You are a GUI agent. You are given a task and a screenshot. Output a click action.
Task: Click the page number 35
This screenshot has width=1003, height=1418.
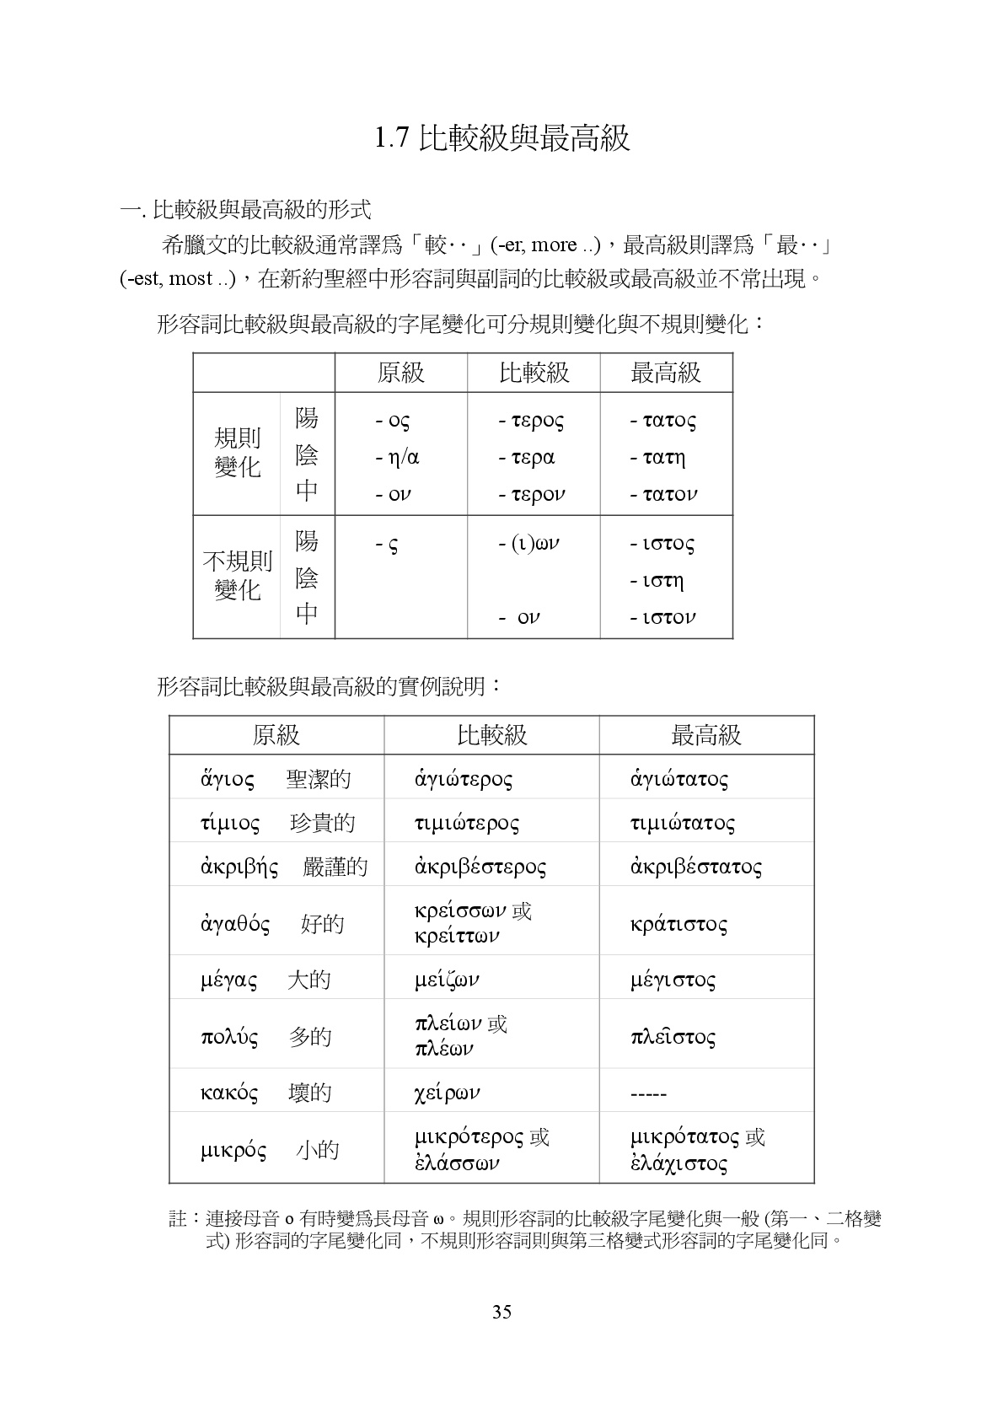[501, 1312]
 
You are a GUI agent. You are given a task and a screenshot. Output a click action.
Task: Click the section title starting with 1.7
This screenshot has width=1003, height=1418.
[501, 138]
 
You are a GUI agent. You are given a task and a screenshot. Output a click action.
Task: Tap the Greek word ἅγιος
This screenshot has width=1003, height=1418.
[227, 778]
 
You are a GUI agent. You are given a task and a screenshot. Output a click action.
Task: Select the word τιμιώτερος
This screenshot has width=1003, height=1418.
[467, 823]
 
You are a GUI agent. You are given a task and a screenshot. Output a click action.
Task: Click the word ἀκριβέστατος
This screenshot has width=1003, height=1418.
[696, 867]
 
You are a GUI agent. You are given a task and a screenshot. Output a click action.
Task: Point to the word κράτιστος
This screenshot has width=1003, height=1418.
[678, 924]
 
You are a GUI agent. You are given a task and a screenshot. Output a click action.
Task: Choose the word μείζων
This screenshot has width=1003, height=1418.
[447, 980]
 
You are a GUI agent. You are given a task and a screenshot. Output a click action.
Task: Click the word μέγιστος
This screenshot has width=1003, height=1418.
[673, 980]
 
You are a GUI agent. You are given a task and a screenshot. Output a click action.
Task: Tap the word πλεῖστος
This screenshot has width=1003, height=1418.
[673, 1036]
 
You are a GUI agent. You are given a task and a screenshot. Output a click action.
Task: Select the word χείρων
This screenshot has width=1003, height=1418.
[447, 1093]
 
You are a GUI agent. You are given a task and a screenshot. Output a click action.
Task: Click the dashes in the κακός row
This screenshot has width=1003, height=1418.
[648, 1094]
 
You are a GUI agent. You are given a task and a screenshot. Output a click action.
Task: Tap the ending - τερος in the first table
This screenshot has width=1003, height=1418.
[531, 420]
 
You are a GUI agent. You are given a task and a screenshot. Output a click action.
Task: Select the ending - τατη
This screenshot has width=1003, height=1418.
[658, 458]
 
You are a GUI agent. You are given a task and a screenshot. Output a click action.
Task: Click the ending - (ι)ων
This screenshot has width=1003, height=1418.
[529, 544]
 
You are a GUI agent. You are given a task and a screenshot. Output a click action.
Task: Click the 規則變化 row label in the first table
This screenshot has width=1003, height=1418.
[238, 453]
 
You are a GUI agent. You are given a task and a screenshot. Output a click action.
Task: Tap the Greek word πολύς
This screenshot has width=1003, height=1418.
[229, 1036]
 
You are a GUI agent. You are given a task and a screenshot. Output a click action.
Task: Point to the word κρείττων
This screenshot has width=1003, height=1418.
[457, 936]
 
